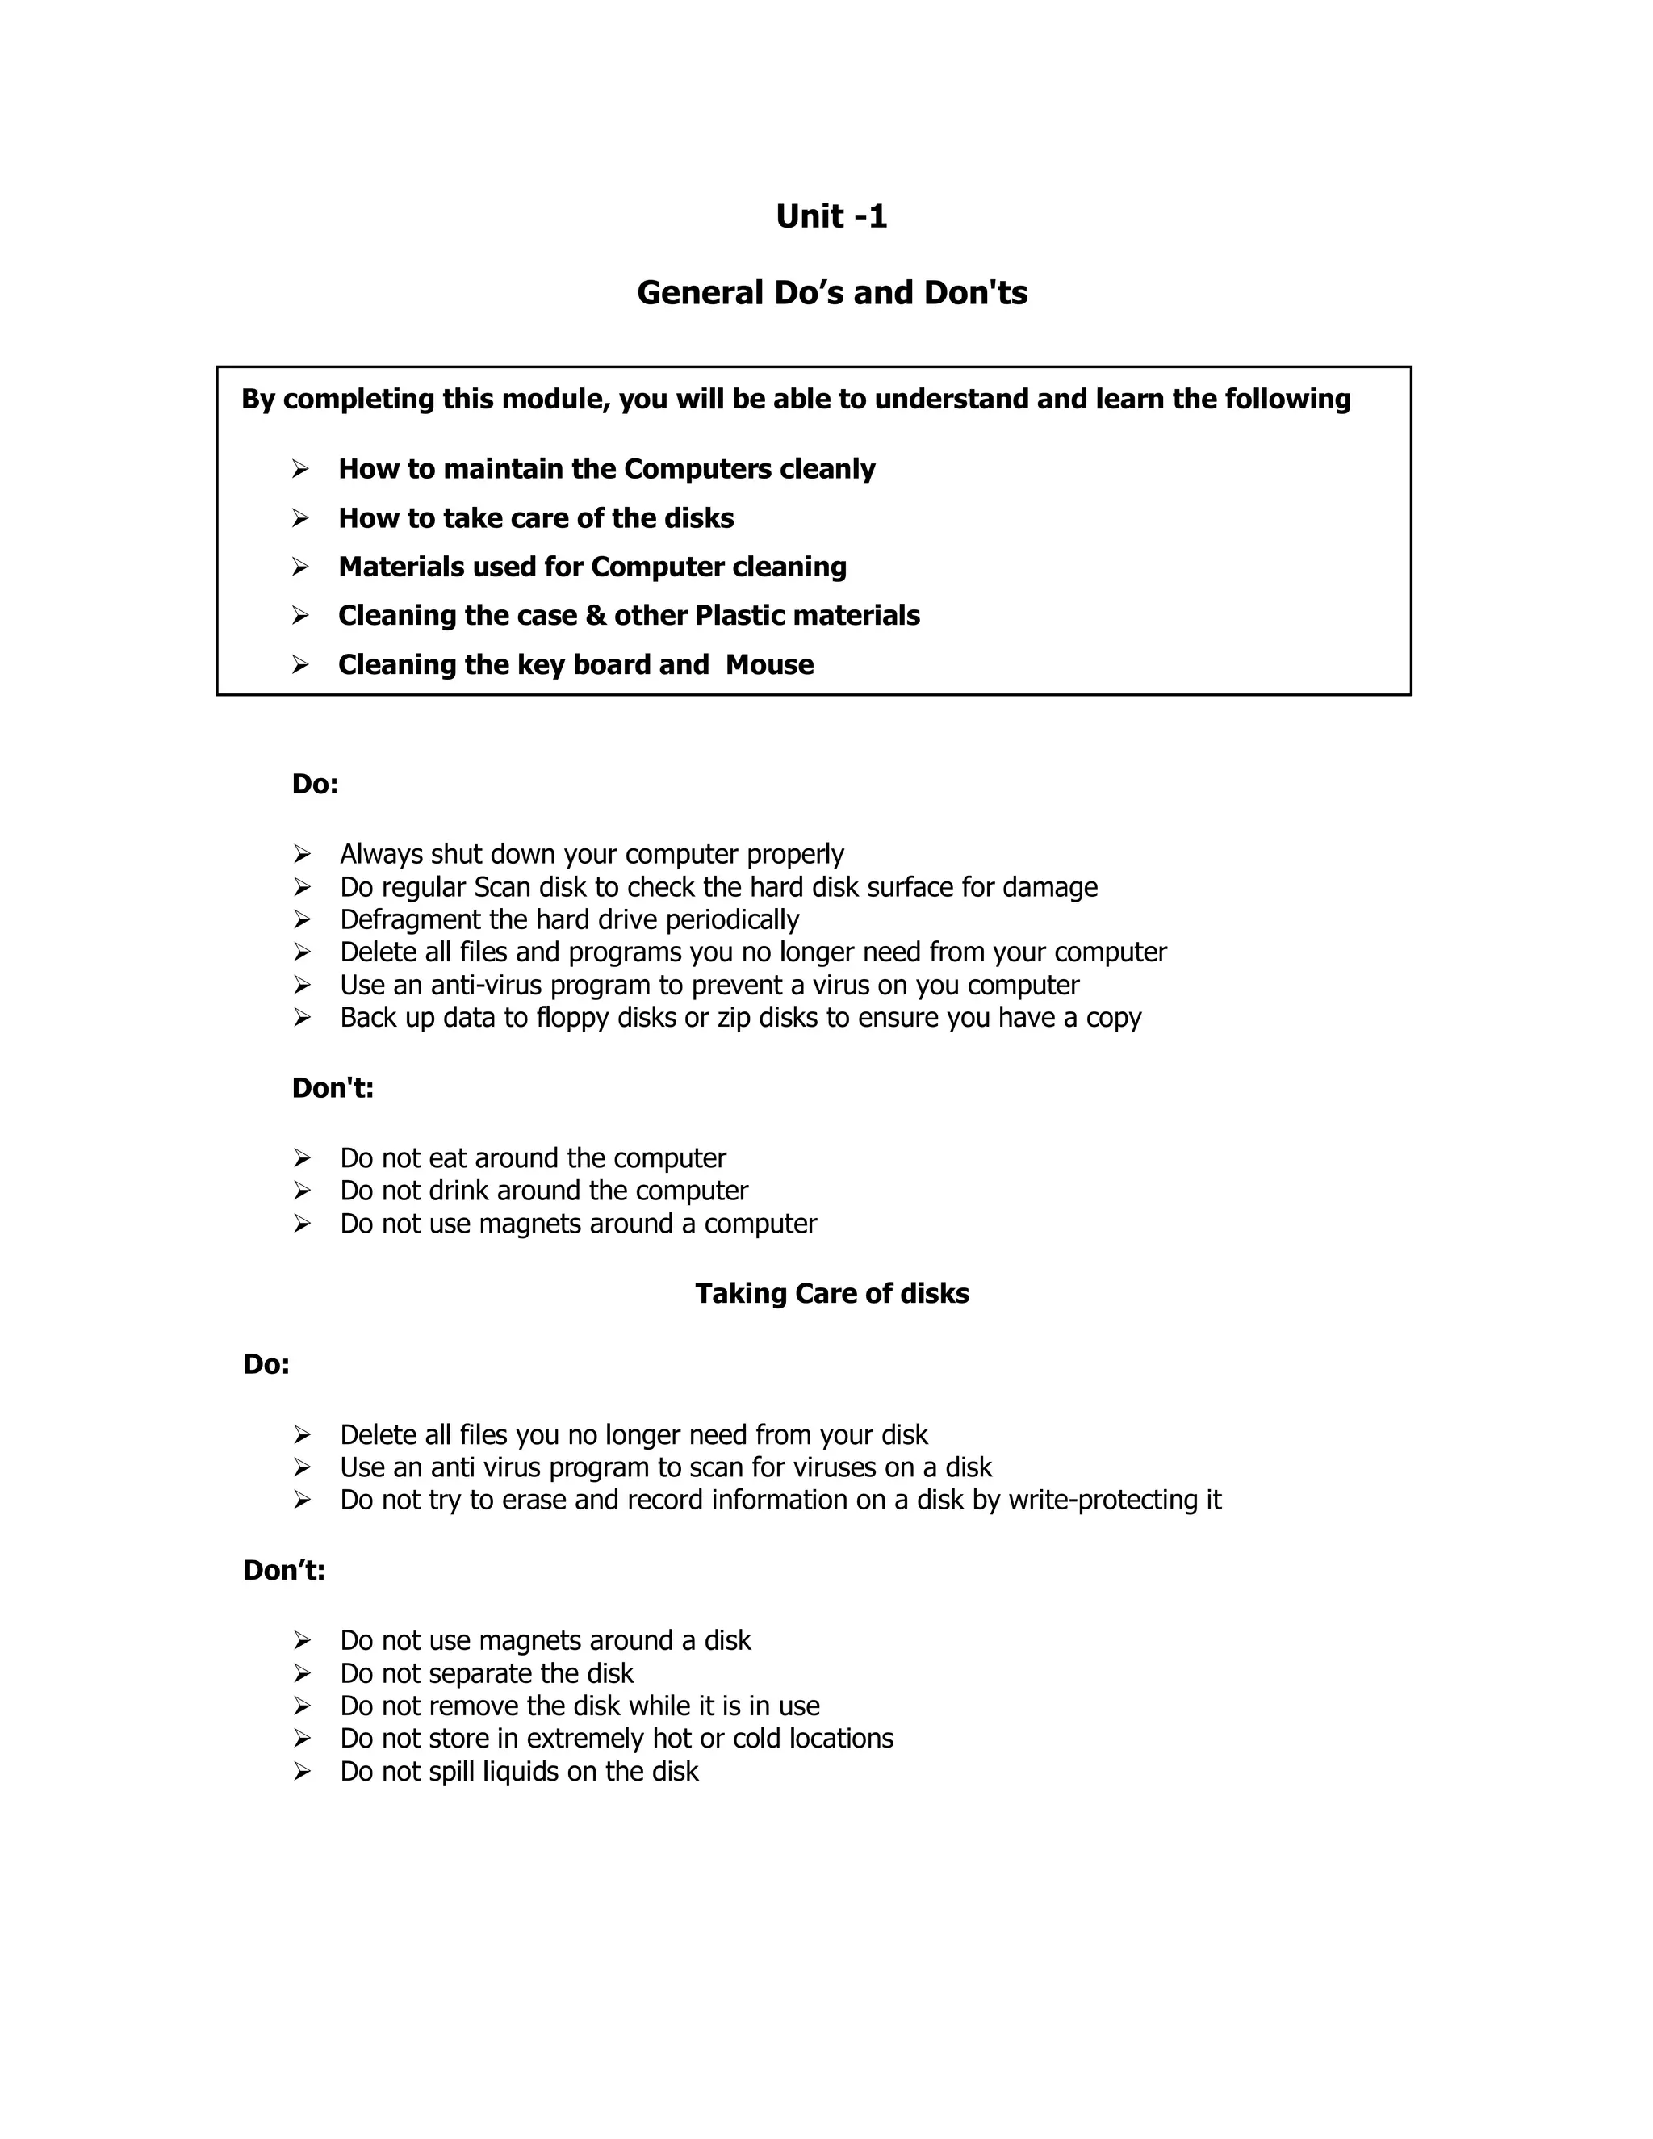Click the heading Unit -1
(x=831, y=216)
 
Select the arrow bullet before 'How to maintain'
(x=300, y=469)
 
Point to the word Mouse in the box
(x=770, y=665)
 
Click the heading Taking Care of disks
(x=831, y=1294)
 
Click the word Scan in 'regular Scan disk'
(x=500, y=887)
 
